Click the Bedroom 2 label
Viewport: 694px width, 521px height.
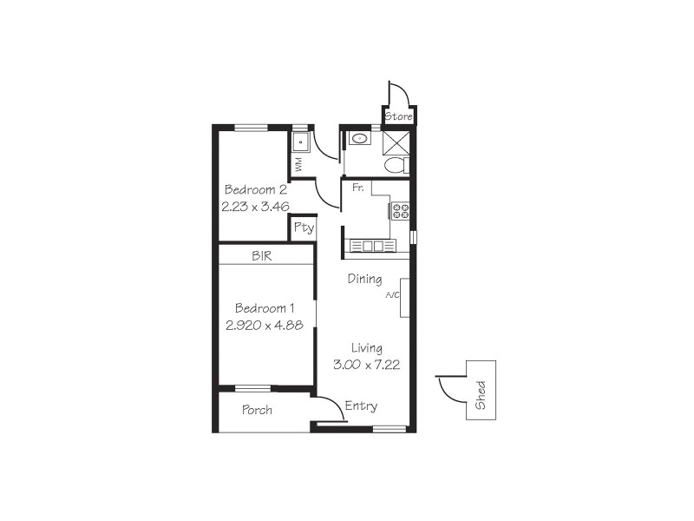(x=255, y=190)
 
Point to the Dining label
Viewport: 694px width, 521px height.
(x=364, y=279)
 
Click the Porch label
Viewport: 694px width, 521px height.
(x=257, y=410)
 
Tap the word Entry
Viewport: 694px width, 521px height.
(x=360, y=406)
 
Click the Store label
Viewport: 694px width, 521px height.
(x=399, y=116)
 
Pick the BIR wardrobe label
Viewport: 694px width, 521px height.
(x=262, y=256)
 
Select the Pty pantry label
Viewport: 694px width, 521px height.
(x=303, y=228)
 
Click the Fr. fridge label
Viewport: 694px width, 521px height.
(x=357, y=188)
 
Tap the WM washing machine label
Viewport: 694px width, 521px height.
(x=298, y=162)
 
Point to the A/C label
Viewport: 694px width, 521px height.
(x=392, y=296)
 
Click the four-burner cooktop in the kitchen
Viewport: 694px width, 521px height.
(x=400, y=210)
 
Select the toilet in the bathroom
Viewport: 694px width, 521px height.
(x=395, y=166)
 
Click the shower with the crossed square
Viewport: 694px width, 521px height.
(x=396, y=142)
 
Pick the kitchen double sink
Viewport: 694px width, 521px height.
(x=371, y=246)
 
